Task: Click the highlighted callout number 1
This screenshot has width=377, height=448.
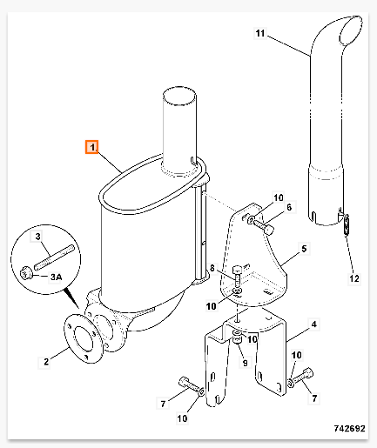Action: (x=91, y=147)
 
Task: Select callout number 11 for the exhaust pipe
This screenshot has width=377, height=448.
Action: (x=260, y=33)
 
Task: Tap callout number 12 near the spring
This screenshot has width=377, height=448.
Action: (x=354, y=278)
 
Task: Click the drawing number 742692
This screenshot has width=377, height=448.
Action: (x=349, y=428)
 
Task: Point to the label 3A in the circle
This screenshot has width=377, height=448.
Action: (x=56, y=277)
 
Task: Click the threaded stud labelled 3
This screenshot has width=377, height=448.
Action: (x=54, y=257)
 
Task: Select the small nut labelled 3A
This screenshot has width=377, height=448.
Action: (x=25, y=273)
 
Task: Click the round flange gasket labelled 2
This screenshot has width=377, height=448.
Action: (x=83, y=338)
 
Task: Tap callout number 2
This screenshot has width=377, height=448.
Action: (x=46, y=362)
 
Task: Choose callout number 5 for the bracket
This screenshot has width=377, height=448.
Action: (x=304, y=249)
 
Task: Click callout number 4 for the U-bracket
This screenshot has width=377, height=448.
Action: (x=313, y=324)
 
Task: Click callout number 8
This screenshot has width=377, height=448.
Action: (x=212, y=268)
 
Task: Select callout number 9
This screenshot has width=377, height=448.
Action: (x=246, y=363)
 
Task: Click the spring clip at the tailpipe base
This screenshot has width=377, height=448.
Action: (x=346, y=225)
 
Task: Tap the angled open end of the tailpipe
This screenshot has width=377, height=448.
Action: (x=350, y=31)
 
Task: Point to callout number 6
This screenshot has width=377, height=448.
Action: (x=289, y=207)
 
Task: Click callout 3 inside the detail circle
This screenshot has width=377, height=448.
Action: (x=38, y=237)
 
